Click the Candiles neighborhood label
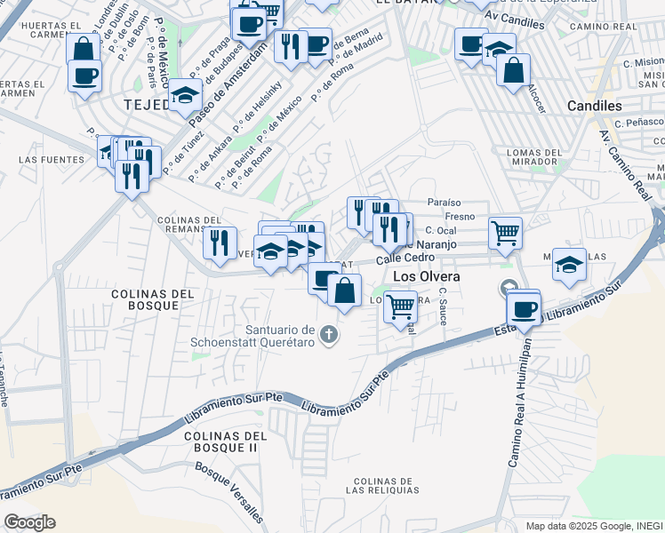click(x=595, y=106)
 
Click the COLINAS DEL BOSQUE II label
click(x=226, y=442)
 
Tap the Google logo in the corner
click(x=29, y=522)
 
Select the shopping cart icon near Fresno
click(x=505, y=233)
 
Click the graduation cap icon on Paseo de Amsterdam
click(x=185, y=95)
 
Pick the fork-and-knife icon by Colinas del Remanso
click(x=218, y=243)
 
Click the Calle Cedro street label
click(x=405, y=258)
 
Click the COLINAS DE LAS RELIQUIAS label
click(x=384, y=486)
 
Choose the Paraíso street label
click(x=445, y=203)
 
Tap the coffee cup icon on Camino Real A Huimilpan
click(x=524, y=310)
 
